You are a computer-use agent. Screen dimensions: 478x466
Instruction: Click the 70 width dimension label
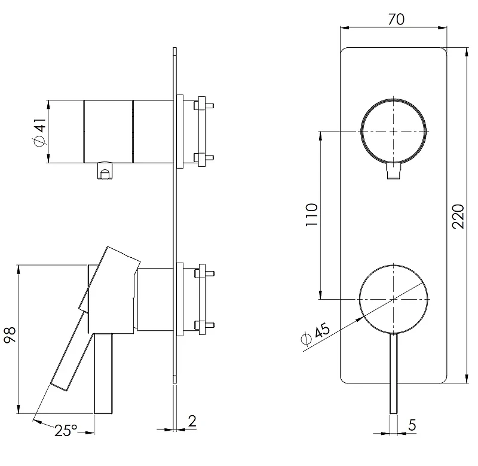tap(396, 19)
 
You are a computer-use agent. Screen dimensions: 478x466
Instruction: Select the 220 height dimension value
tap(458, 217)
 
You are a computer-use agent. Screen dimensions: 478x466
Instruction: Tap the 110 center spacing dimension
tap(311, 215)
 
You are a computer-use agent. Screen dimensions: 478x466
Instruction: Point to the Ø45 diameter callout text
tap(316, 334)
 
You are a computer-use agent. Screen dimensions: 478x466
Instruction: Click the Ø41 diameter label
tap(39, 132)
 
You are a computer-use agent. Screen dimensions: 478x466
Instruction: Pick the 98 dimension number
tap(10, 335)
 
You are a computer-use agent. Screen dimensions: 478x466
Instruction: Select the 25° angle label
tap(66, 430)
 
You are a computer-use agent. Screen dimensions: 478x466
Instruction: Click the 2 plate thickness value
tap(192, 421)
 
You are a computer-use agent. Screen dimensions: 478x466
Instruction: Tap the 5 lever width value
tap(412, 425)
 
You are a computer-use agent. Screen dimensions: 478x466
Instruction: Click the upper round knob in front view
tap(394, 99)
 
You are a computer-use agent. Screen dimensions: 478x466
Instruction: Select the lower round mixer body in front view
tap(394, 265)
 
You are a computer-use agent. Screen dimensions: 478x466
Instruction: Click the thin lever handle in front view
tap(394, 373)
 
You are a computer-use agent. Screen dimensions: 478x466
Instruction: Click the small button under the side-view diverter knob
tap(105, 171)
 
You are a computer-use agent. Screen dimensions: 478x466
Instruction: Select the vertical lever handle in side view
tap(103, 373)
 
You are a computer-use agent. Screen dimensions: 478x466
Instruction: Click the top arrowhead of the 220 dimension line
tap(467, 52)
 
